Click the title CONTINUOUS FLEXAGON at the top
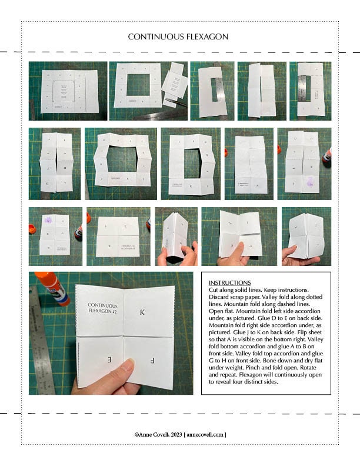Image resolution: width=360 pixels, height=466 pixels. [x=178, y=37]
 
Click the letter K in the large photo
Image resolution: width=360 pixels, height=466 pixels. [x=142, y=313]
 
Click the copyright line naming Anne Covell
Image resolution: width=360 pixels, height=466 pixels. [x=180, y=434]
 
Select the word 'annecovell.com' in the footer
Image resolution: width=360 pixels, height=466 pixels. [x=205, y=434]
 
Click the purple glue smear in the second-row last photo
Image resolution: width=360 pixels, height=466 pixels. [x=310, y=184]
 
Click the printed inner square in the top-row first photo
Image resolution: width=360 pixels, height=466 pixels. [x=62, y=92]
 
